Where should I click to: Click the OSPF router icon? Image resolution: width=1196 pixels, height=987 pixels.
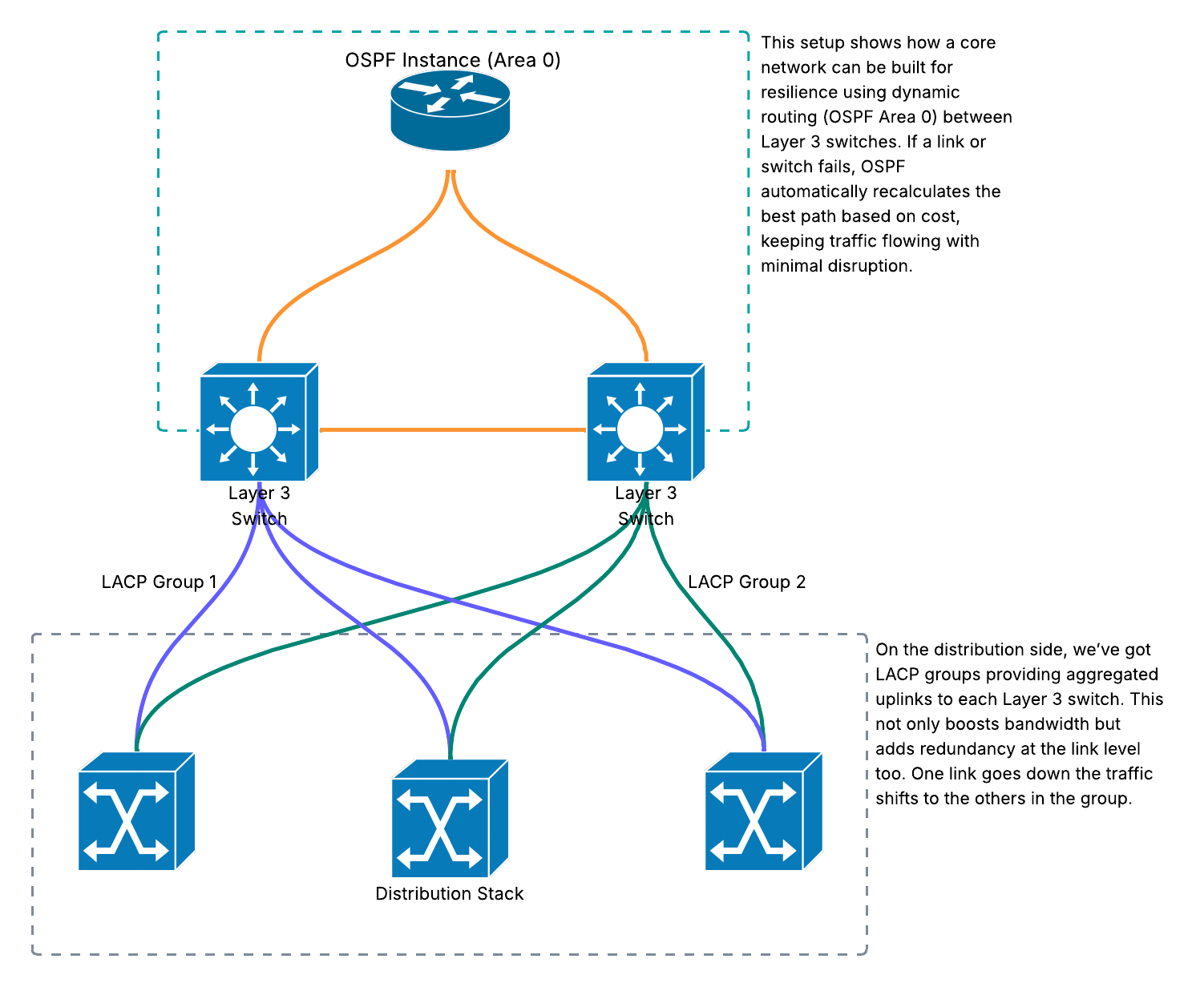coord(451,111)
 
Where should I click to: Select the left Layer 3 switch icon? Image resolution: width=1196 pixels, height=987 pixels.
coord(259,422)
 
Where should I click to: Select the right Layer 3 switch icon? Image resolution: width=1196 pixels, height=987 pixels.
coord(645,422)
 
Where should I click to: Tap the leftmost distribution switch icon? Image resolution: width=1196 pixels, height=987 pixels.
coord(137,812)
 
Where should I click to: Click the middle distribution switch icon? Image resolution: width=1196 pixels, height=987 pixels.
coord(451,818)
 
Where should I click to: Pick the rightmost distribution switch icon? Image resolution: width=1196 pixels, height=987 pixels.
coord(764,812)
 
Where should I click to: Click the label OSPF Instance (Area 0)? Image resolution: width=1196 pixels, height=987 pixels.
coord(453,60)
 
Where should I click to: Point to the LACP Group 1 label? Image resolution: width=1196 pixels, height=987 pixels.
coord(160,582)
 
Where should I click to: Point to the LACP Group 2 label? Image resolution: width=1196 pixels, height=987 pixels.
coord(746,582)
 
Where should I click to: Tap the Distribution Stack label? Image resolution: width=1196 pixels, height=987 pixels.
coord(449,894)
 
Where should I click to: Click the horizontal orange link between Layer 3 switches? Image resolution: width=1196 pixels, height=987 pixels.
coord(453,429)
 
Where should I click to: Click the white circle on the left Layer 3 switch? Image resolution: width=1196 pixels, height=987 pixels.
coord(253,429)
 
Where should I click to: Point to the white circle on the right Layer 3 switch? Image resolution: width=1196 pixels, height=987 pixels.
coord(640,429)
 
